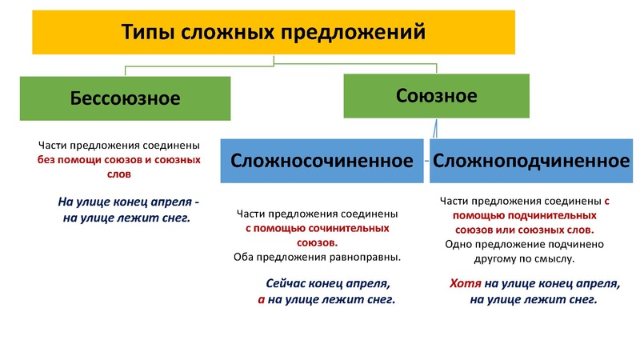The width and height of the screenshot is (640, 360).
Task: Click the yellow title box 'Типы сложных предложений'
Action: click(x=273, y=33)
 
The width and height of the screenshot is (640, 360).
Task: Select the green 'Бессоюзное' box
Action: click(x=125, y=99)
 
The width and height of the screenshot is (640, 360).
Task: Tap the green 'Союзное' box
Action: click(x=436, y=97)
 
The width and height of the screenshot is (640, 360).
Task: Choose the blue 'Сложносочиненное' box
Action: click(x=326, y=160)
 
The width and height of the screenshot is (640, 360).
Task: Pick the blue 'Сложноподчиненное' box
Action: click(x=531, y=160)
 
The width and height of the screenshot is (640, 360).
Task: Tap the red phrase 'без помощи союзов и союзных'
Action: click(x=118, y=160)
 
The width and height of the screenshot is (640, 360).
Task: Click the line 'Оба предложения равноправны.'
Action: click(x=317, y=258)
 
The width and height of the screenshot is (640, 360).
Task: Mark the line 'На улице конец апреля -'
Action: click(x=129, y=201)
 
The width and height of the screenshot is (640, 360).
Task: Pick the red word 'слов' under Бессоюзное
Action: click(x=118, y=174)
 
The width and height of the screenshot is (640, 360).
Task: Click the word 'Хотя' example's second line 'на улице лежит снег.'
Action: click(x=534, y=299)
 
